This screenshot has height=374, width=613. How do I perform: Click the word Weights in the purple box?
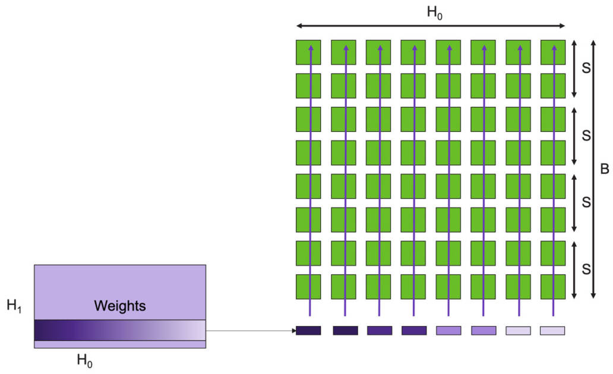click(x=120, y=306)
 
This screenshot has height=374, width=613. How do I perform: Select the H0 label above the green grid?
click(x=435, y=14)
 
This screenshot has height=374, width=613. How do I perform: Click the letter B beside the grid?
click(x=605, y=170)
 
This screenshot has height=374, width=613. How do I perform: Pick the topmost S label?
click(x=586, y=69)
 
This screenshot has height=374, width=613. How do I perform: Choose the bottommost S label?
click(x=586, y=270)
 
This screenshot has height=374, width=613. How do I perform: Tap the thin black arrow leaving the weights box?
click(x=249, y=330)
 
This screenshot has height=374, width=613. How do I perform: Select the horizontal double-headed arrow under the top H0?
click(x=430, y=26)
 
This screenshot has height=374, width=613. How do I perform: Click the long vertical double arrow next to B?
click(x=593, y=170)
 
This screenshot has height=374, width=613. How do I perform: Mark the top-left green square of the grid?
click(x=308, y=52)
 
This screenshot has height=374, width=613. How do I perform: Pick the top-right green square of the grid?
click(x=552, y=52)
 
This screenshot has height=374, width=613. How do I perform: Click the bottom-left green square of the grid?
click(x=308, y=287)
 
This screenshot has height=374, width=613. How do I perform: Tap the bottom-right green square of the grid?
click(x=552, y=287)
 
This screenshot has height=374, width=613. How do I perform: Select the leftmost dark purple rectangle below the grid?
click(x=308, y=331)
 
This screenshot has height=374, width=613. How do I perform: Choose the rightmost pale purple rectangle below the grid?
click(x=552, y=331)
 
